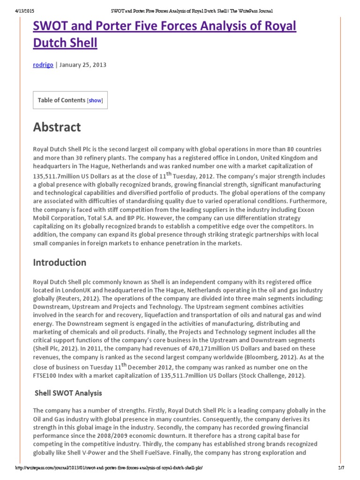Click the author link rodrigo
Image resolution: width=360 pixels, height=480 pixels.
[x=43, y=65]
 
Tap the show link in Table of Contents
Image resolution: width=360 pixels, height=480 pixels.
[x=95, y=100]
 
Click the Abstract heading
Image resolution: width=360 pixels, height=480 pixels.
[x=57, y=127]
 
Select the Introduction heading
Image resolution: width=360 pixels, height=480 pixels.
[x=60, y=262]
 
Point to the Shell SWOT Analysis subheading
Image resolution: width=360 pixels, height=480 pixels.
[x=68, y=393]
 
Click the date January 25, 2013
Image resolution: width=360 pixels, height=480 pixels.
[x=83, y=65]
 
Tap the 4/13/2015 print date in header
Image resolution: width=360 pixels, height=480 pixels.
[x=18, y=10]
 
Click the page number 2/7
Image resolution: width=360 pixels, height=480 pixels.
[x=340, y=468]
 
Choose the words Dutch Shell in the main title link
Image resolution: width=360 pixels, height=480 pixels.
[x=65, y=43]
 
